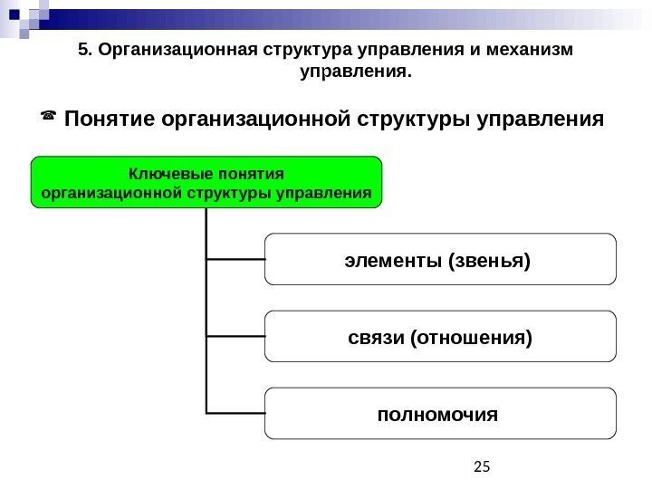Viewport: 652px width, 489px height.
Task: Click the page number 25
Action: [x=482, y=466]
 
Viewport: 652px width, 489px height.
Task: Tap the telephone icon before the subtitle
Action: [x=48, y=116]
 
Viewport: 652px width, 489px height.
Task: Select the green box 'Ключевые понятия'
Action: [x=207, y=182]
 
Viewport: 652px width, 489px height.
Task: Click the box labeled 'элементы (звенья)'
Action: [x=439, y=259]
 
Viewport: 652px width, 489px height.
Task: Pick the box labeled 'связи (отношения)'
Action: [x=439, y=337]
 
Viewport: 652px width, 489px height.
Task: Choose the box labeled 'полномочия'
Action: [x=439, y=415]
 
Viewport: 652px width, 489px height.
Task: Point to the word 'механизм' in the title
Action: [x=541, y=49]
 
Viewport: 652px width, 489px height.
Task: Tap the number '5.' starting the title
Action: [x=86, y=49]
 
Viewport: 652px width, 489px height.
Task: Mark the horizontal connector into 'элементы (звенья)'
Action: [x=235, y=258]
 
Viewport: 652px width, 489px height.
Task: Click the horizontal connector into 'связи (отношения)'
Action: [x=235, y=335]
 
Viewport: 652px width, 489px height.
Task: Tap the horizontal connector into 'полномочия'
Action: [x=235, y=413]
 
